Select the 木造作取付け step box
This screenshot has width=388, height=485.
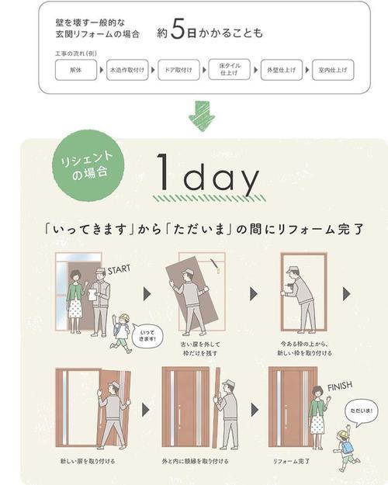point(126,69)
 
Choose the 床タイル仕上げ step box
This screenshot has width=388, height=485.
point(230,69)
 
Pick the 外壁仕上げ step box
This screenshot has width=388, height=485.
point(282,69)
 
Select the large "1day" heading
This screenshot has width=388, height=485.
point(206,176)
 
